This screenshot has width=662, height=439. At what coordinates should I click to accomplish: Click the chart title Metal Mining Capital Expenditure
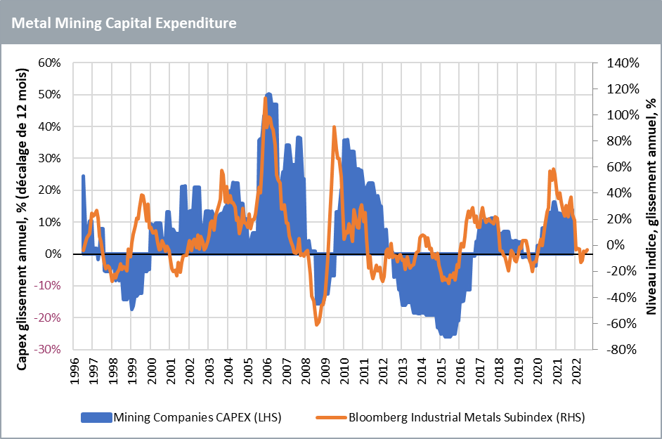124,22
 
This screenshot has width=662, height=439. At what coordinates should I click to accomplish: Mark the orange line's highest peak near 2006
265,98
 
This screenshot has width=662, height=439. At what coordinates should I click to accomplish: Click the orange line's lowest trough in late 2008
317,325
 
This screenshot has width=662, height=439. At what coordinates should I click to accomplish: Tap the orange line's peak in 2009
334,126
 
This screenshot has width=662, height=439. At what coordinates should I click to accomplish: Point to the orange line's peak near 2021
553,169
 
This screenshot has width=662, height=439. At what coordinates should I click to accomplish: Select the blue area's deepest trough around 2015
446,338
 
